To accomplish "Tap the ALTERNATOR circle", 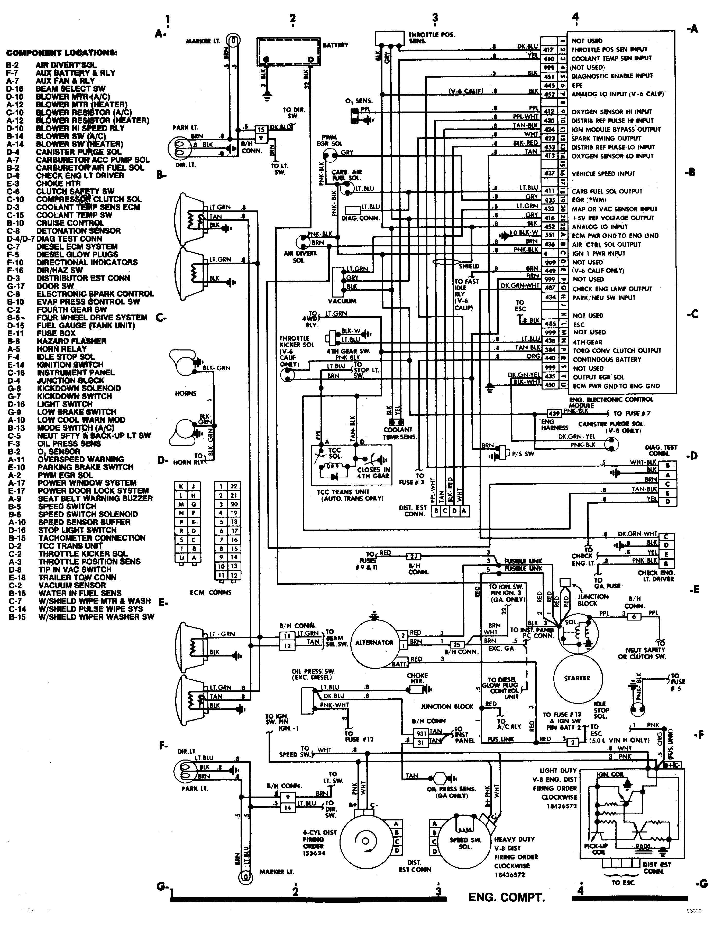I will (x=374, y=643).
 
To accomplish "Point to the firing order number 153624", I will (x=314, y=853).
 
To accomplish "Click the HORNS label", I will (x=186, y=393).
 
